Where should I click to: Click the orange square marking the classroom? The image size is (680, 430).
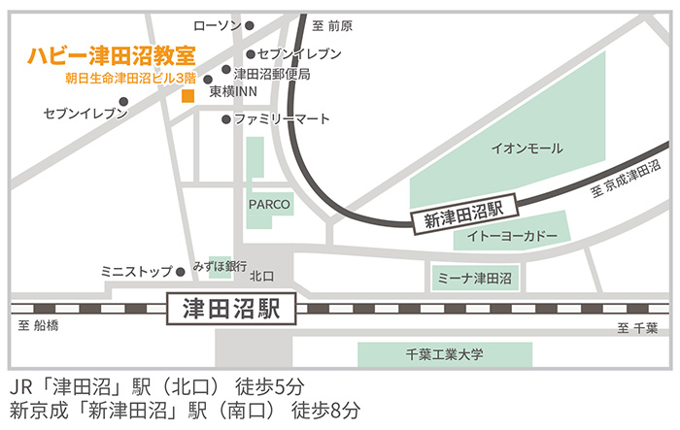187,95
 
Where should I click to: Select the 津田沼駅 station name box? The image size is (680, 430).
230,310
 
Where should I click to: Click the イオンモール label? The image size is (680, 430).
527,149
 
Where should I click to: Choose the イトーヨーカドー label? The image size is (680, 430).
513,236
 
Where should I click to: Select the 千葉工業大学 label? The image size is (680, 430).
444,354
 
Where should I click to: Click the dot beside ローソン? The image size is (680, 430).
250,26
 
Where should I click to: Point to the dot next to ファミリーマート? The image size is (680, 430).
226,119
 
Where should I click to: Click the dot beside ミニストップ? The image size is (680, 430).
181,272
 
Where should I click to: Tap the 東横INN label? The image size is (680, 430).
232,90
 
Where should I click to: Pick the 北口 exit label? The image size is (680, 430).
262,277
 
